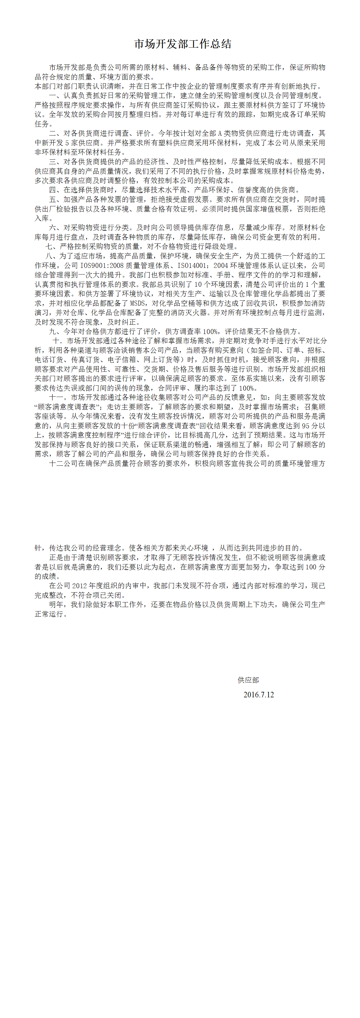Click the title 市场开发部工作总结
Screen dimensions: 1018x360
[x=182, y=44]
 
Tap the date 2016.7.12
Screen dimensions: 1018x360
[x=258, y=694]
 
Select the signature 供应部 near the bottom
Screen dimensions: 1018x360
[x=248, y=680]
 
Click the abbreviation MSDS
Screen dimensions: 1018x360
[x=138, y=303]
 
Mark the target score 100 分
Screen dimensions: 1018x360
[x=315, y=567]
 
